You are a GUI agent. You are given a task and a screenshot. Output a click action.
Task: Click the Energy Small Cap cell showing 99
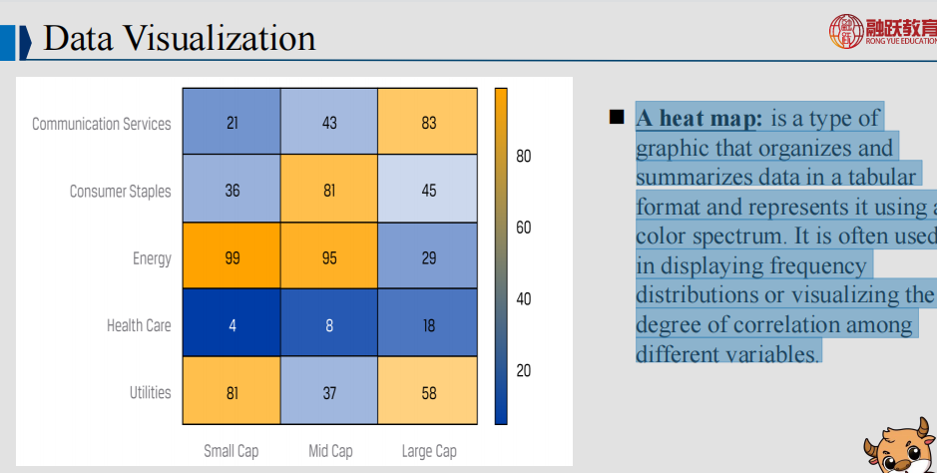pyautogui.click(x=232, y=257)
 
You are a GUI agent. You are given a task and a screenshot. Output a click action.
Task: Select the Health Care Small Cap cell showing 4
pyautogui.click(x=232, y=325)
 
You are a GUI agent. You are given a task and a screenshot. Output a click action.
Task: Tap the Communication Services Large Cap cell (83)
pyautogui.click(x=428, y=123)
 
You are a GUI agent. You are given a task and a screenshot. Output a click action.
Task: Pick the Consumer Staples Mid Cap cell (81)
pyautogui.click(x=329, y=191)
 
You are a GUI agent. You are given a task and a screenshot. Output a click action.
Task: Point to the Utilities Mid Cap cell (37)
pyautogui.click(x=329, y=392)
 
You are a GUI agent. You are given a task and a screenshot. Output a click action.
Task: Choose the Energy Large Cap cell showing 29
pyautogui.click(x=428, y=257)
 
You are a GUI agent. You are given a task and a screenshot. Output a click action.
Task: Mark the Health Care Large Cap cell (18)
pyautogui.click(x=428, y=325)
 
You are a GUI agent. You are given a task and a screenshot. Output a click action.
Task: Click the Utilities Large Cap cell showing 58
pyautogui.click(x=428, y=392)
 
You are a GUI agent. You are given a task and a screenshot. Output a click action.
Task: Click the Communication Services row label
pyautogui.click(x=102, y=124)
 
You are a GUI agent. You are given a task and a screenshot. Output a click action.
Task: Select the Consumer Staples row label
pyautogui.click(x=120, y=191)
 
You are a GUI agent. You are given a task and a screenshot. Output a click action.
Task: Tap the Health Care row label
pyautogui.click(x=139, y=325)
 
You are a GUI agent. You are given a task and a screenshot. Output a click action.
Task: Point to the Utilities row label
pyautogui.click(x=150, y=392)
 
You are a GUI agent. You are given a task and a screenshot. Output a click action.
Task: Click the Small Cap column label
pyautogui.click(x=232, y=451)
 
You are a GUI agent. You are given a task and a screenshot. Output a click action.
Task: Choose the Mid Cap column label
pyautogui.click(x=329, y=451)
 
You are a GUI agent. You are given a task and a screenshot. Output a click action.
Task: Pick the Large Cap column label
pyautogui.click(x=429, y=451)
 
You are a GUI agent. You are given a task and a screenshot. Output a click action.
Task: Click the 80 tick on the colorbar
pyautogui.click(x=523, y=157)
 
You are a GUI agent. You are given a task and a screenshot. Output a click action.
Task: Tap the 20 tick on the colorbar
pyautogui.click(x=523, y=371)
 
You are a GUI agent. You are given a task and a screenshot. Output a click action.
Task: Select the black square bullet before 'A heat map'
pyautogui.click(x=616, y=118)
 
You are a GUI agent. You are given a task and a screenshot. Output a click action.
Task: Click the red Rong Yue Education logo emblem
pyautogui.click(x=846, y=30)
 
